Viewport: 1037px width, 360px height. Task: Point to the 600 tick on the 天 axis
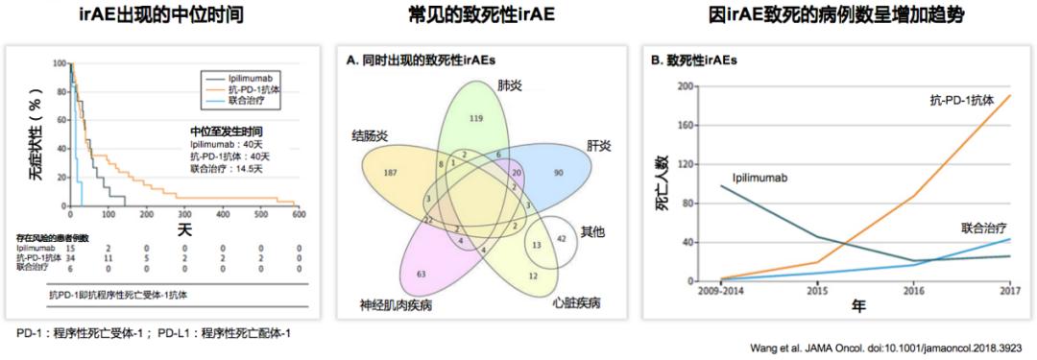pyautogui.click(x=299, y=215)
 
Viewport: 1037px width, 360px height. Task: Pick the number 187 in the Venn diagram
pyautogui.click(x=391, y=173)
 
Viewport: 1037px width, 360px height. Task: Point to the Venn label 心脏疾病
pyautogui.click(x=577, y=302)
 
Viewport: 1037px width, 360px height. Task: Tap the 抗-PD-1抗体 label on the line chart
pyautogui.click(x=960, y=99)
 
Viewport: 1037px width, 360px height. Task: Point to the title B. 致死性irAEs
pyautogui.click(x=695, y=60)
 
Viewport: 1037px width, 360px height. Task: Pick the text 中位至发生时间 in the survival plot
pyautogui.click(x=227, y=131)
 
